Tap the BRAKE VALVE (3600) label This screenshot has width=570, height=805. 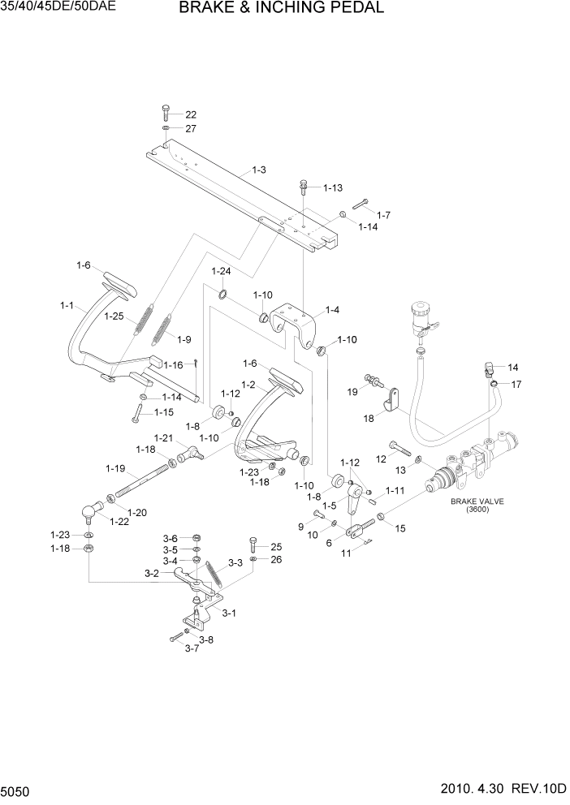477,506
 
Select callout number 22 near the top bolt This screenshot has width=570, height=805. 191,114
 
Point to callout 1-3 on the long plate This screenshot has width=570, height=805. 259,170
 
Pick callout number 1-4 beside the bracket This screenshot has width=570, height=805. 332,309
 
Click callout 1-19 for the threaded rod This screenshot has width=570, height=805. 114,468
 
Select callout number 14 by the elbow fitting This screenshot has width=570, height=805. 512,367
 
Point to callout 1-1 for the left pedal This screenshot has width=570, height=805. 67,305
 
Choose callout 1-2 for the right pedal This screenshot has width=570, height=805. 248,384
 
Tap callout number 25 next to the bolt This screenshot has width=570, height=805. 275,546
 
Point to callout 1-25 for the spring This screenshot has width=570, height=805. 114,316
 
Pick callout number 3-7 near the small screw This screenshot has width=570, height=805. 192,648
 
